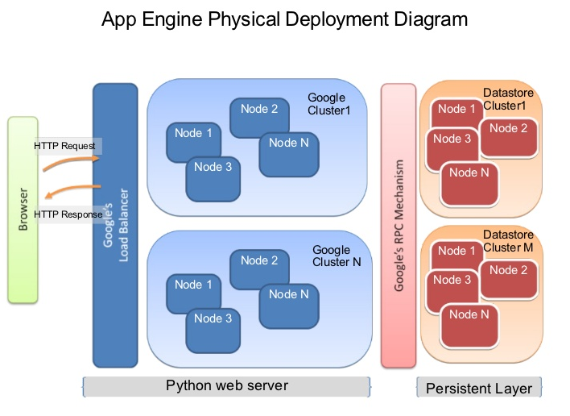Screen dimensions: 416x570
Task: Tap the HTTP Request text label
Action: click(x=64, y=146)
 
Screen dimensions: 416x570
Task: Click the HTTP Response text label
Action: click(x=68, y=214)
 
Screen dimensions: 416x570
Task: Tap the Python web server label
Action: click(x=226, y=385)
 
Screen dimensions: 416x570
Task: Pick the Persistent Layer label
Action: click(x=478, y=389)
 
